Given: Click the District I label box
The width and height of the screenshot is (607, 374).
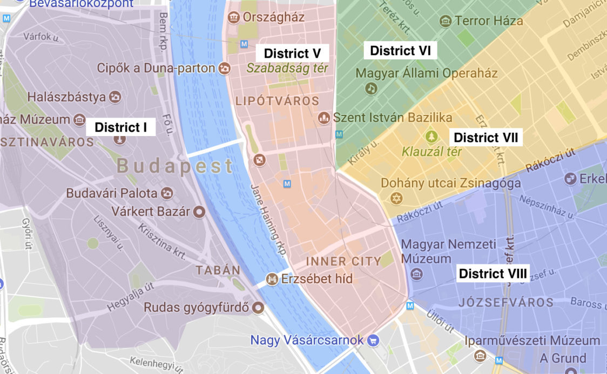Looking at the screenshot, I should coord(120,127).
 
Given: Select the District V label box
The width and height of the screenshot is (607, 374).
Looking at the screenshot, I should coord(292,53).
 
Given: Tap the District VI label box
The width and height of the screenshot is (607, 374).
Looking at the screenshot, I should coord(400,51).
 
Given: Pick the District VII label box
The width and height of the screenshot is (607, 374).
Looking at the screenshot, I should coord(485,138).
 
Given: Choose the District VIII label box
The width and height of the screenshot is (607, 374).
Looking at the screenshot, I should coord(493,274).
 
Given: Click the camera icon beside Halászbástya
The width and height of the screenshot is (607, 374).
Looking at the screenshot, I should coord(114,97).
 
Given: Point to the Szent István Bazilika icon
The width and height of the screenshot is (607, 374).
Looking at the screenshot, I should coord(324,117).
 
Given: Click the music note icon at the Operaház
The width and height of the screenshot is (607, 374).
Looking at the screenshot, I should coord(370,88).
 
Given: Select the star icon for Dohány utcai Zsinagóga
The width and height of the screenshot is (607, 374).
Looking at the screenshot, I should coord(397,199).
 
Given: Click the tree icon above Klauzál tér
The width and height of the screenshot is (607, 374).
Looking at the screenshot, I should coord(430,136).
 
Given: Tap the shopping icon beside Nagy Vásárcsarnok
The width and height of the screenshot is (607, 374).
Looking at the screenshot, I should coord(373,341).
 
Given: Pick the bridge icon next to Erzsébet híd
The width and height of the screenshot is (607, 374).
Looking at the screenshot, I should coord(272,279).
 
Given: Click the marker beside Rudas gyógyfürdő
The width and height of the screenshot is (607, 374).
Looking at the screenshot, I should coord(259,308).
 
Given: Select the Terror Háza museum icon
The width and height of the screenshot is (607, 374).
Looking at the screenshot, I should coord(446,21).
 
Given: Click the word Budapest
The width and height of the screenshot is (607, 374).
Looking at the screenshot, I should coord(175,166).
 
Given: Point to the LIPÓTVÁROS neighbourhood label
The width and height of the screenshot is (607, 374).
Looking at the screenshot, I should coord(277,101).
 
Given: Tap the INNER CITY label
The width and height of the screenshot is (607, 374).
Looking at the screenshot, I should coord(343,262).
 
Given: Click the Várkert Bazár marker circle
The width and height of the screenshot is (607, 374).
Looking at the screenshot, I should coord(199,211).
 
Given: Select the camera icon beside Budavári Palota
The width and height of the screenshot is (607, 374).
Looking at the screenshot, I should coord(167,193).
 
